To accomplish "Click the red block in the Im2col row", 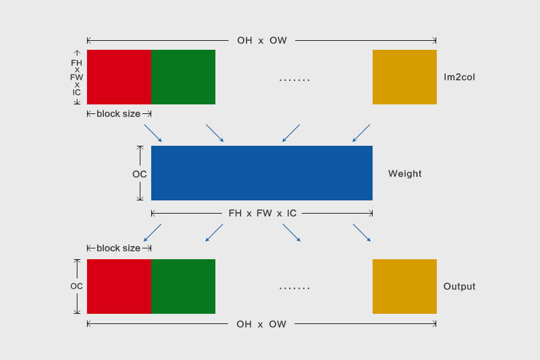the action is [x=119, y=77].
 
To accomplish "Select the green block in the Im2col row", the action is [x=183, y=77].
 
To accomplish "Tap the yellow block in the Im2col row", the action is [x=404, y=77].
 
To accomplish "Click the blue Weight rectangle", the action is [x=262, y=173].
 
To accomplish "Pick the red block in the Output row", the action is [x=119, y=286].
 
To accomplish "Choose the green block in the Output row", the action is [x=183, y=286].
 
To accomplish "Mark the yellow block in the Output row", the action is [x=404, y=286].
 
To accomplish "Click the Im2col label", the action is [x=460, y=77].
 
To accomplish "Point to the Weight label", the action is [x=405, y=173].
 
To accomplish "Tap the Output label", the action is [x=460, y=286].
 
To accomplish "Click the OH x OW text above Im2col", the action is [x=262, y=40].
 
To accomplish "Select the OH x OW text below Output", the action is [x=262, y=324].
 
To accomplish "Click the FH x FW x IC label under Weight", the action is [x=262, y=213].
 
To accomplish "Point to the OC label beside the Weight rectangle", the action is [x=139, y=174].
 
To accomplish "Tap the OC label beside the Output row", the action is [x=76, y=286].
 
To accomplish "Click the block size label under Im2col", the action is [x=118, y=113].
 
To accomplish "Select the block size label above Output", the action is [x=118, y=248].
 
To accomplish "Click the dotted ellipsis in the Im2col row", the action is [x=295, y=80].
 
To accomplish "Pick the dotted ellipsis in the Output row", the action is [x=295, y=287].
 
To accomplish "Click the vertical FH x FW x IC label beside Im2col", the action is [x=76, y=77].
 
